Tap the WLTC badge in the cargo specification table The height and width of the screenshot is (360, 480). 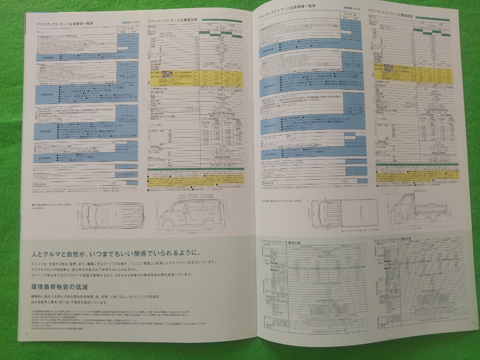[156, 76]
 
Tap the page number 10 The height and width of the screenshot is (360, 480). [473, 323]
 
